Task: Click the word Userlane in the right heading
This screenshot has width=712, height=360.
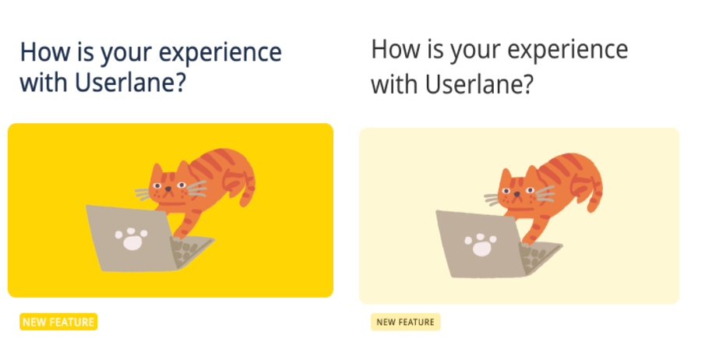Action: (479, 84)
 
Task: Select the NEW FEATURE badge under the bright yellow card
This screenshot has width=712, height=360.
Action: (58, 322)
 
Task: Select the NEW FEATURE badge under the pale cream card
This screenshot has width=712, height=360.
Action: (406, 322)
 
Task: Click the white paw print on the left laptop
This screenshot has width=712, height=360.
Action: (131, 238)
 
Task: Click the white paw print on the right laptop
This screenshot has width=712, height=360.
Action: (481, 244)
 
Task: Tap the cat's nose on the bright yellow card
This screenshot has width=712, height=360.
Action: (168, 189)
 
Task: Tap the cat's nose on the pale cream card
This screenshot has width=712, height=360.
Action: (516, 194)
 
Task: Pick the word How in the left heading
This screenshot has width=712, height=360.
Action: (42, 52)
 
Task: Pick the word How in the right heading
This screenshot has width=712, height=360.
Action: (393, 50)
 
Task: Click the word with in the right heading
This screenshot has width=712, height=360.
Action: (394, 84)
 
